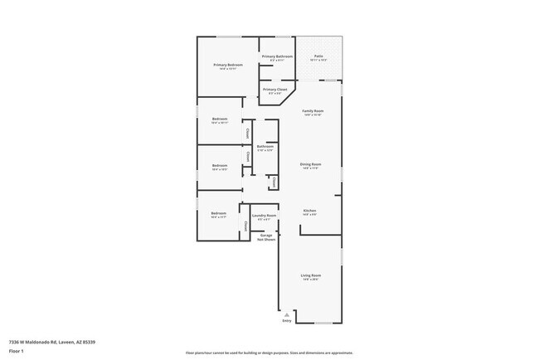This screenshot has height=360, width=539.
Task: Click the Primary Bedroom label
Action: point(227,65)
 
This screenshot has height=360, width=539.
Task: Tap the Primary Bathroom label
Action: point(278,56)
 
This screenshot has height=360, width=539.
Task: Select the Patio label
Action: point(318,56)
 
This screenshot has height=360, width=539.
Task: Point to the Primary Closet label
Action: point(275,89)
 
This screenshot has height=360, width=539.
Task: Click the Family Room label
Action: point(312,110)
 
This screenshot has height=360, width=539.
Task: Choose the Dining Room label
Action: point(310,164)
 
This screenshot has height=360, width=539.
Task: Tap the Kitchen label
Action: point(309,211)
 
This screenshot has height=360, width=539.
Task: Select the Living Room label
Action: point(310,275)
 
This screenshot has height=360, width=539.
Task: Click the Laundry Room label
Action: point(264,216)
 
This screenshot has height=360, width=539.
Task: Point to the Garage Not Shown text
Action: point(265,236)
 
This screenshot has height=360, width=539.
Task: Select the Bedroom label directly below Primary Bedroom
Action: point(219,119)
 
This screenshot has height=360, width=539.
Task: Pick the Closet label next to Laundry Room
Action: point(245,223)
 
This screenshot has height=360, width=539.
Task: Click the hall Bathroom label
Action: point(265,147)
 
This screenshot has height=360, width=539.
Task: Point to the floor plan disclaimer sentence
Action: point(269,353)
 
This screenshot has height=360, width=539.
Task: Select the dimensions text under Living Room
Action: point(310,280)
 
